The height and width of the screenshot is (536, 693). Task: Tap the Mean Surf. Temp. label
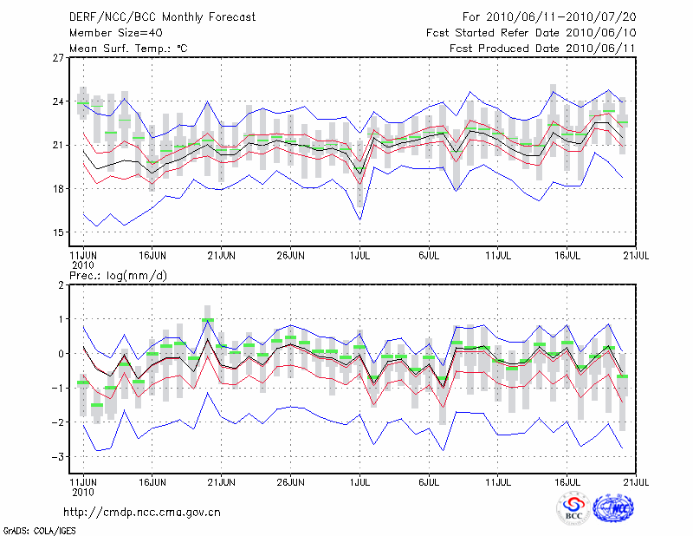128,49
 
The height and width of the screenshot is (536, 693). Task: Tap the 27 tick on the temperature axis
59,58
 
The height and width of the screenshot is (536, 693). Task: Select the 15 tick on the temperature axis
59,232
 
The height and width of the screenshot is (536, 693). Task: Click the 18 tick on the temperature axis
59,188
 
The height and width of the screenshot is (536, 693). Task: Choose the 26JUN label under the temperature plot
290,256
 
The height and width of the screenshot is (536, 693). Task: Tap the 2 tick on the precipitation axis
61,284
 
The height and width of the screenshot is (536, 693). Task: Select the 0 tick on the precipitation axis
61,353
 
